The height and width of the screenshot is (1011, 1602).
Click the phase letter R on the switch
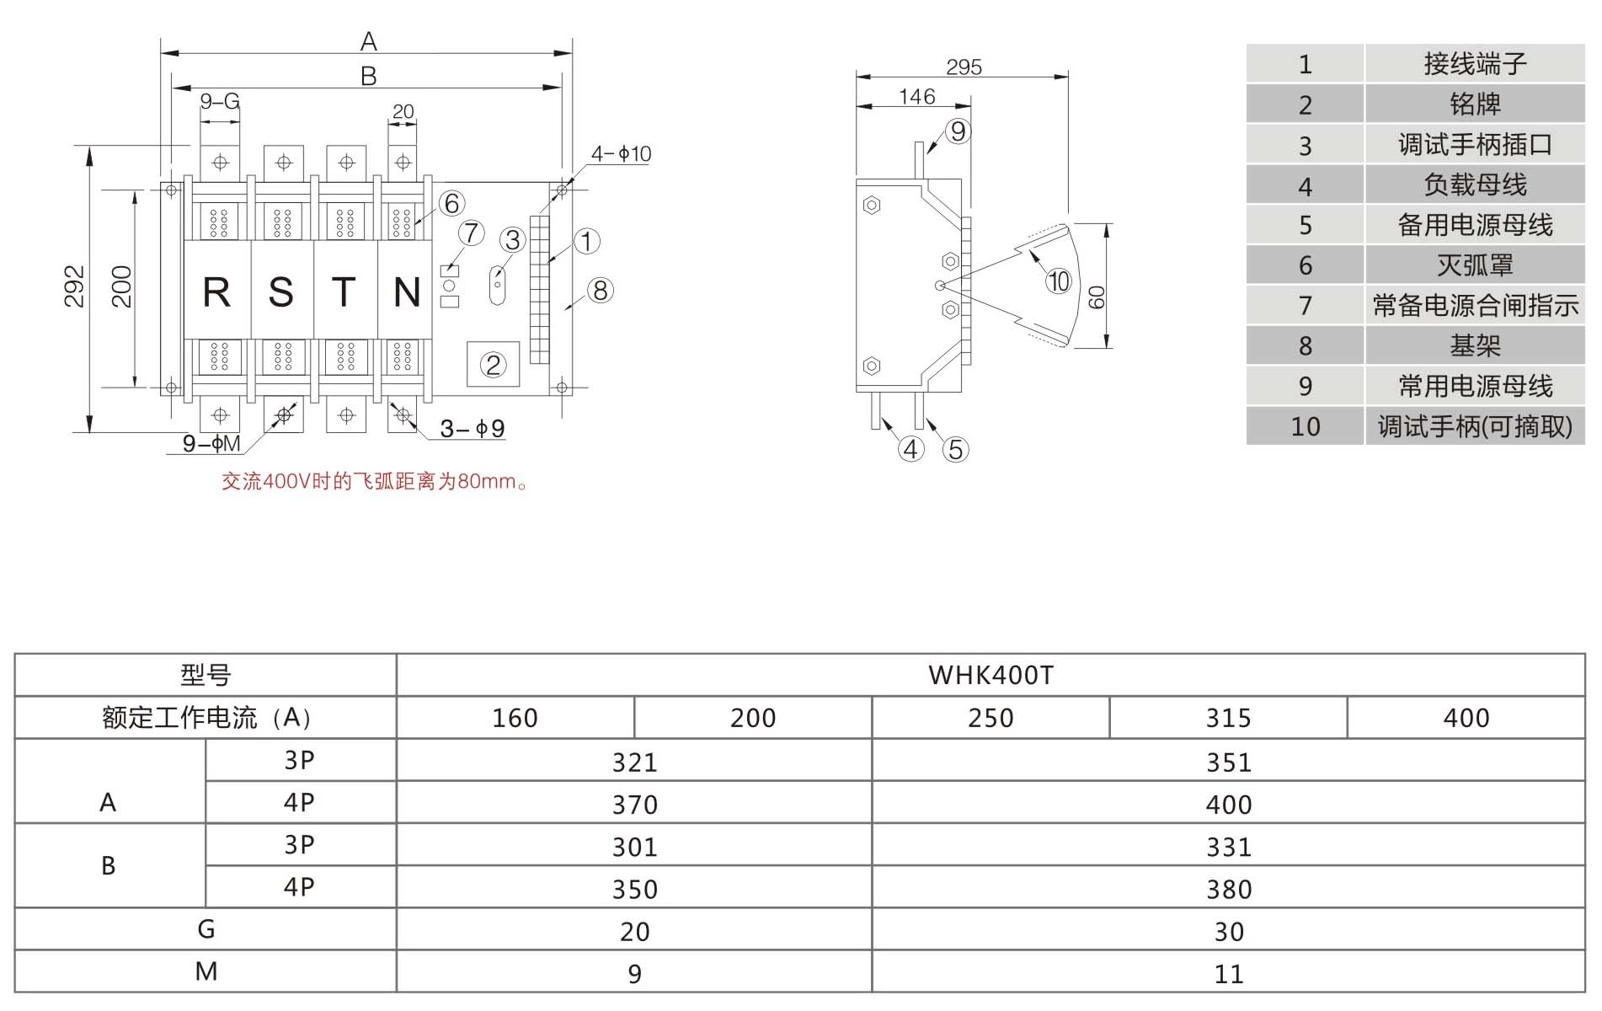coord(216,292)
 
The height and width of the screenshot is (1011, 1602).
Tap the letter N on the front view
coord(407,292)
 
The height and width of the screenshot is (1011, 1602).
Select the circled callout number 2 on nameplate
coord(493,365)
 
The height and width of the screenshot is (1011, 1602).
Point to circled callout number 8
coord(600,291)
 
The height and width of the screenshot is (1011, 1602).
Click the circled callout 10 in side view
coord(1058,281)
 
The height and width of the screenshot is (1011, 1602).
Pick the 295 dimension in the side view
coord(964,67)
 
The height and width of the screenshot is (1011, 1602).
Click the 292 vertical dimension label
coord(74,286)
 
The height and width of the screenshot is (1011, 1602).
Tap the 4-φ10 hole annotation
coord(621,153)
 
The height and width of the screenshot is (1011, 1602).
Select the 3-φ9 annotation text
coord(473,429)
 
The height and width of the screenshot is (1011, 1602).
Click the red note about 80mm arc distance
coord(375,482)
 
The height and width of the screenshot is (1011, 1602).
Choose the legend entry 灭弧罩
coord(1474,265)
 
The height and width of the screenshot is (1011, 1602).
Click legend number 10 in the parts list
coord(1305,426)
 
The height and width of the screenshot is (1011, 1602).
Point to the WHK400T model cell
coord(991,675)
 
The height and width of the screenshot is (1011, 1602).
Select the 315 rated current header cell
coord(1228,718)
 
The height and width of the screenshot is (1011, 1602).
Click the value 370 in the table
coord(634,805)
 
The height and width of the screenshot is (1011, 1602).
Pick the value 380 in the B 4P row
coord(1229,889)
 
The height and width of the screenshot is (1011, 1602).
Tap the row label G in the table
coord(206,929)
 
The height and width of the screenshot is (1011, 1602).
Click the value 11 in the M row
coord(1229,974)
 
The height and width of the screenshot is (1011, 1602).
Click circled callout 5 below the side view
coord(955,449)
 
